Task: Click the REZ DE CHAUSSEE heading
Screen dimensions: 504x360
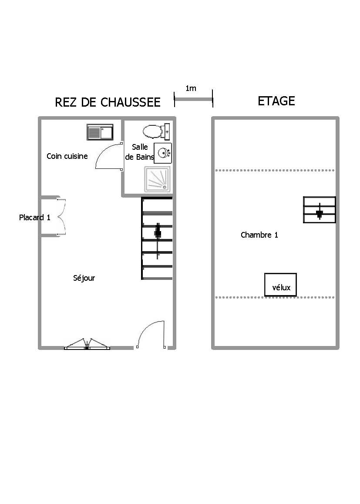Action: click(108, 102)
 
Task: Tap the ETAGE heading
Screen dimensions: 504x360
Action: click(276, 101)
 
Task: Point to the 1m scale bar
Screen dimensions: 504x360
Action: click(193, 100)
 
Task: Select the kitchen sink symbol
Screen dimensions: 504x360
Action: click(100, 132)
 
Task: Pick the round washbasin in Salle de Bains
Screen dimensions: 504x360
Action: click(163, 153)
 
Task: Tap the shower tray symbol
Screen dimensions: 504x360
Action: click(158, 179)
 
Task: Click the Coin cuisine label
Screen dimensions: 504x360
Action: click(67, 156)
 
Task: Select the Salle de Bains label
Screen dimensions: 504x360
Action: click(140, 152)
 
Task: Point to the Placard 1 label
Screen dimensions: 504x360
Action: click(35, 218)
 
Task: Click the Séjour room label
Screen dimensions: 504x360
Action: click(84, 278)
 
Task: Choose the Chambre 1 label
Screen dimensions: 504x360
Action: click(259, 235)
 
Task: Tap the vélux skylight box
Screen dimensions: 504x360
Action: click(280, 285)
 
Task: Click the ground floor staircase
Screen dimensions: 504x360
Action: click(157, 238)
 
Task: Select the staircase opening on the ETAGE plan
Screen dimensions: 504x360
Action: click(320, 210)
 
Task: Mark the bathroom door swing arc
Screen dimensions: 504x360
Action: click(107, 156)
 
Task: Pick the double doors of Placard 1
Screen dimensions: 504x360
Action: click(61, 217)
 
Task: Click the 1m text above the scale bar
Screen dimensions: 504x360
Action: click(191, 89)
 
